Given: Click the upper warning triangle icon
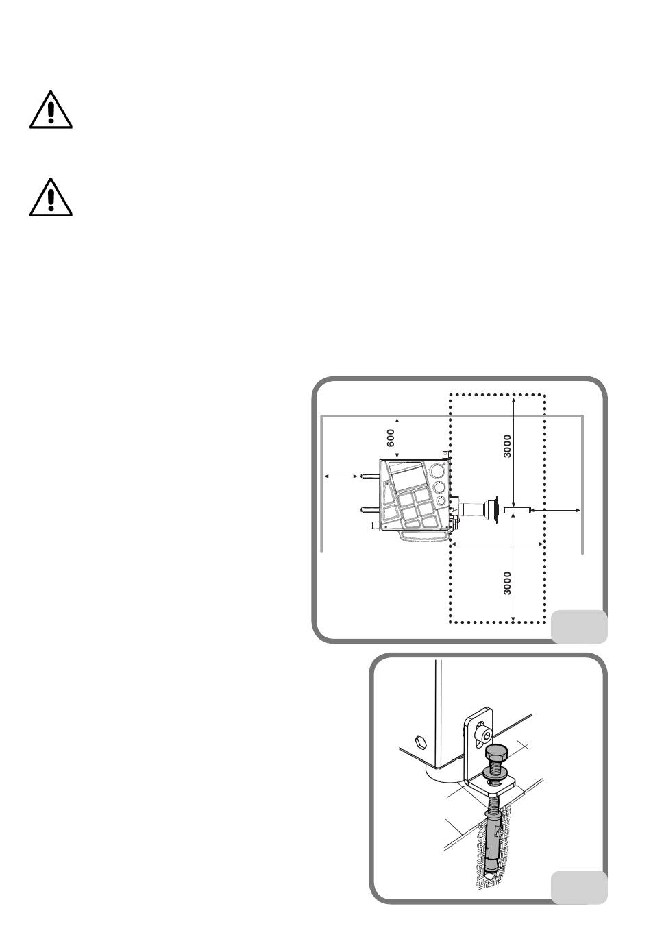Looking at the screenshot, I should [51, 109].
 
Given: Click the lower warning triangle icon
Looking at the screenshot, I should [51, 197].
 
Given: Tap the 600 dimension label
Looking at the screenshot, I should [389, 437].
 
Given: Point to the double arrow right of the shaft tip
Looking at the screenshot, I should [558, 510].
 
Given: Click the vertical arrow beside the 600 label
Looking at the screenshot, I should [397, 437].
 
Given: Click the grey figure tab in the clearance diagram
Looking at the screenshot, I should [579, 626].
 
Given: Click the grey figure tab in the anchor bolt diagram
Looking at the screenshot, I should [579, 888].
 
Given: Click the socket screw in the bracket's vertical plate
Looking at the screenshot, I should [485, 736].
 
